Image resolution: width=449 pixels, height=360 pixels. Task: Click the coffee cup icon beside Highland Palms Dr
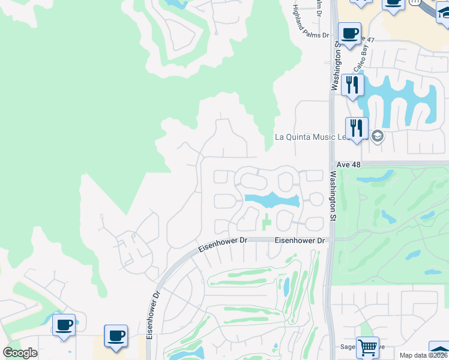pos(349,33)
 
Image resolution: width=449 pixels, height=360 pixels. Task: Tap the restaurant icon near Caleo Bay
pos(352,84)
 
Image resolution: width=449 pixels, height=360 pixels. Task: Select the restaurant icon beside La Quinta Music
pos(357,128)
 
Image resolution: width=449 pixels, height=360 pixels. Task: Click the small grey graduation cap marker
pos(377,135)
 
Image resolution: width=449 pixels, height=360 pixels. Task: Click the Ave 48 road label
pos(348,164)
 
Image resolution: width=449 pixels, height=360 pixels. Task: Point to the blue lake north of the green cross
pos(270,199)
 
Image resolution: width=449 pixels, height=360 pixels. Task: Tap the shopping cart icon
pos(367,347)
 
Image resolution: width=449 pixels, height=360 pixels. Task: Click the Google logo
pos(20,353)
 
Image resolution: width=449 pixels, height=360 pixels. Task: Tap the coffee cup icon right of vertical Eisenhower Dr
pos(115,336)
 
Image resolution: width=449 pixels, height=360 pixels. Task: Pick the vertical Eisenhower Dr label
pos(151,315)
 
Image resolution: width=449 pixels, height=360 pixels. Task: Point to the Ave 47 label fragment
pos(367,40)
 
